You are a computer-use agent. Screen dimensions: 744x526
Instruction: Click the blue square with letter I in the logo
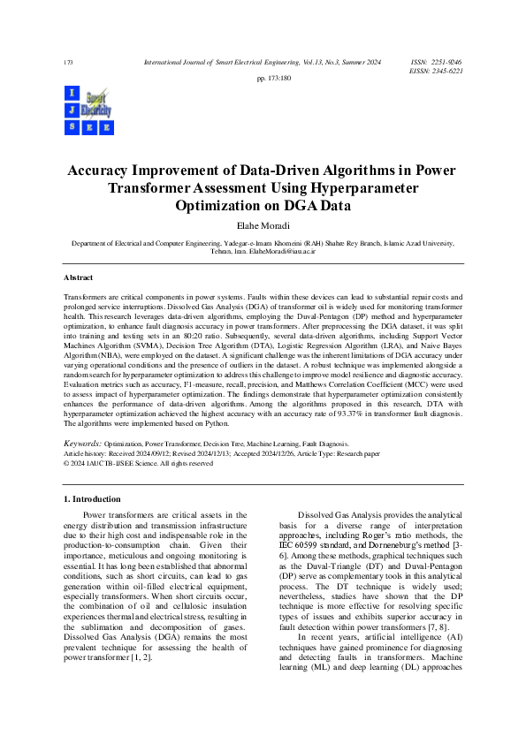pos(72,94)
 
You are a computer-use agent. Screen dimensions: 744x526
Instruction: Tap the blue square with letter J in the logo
pos(72,110)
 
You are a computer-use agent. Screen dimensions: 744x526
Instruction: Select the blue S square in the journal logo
pos(72,127)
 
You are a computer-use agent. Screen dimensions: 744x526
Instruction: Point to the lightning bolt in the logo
pos(95,108)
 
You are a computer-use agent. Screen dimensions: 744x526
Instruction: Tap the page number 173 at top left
pos(68,63)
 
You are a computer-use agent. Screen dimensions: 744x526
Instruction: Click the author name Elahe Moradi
pos(263,226)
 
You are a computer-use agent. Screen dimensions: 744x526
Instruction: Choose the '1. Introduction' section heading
pos(95,499)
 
